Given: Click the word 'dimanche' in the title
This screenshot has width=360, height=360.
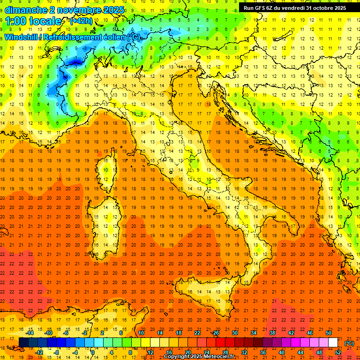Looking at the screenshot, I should [x=25, y=10].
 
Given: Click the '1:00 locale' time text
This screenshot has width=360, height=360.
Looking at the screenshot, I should [x=33, y=21].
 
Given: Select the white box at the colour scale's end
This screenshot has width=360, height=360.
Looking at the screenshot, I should [x=333, y=343].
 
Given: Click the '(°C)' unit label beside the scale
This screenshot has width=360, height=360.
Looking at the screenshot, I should [x=349, y=343].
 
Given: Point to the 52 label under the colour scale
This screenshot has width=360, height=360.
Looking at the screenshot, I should [x=338, y=352].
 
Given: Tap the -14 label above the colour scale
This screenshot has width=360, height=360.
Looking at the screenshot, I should [x=30, y=333].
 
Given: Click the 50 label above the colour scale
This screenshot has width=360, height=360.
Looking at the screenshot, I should [x=329, y=333].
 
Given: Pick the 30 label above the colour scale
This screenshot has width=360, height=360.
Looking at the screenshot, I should [x=235, y=333].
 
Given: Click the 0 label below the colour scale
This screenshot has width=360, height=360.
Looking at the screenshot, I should [x=93, y=352].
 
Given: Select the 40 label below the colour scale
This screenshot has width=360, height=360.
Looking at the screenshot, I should [x=281, y=352].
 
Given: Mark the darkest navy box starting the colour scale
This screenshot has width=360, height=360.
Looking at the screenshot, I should [x=23, y=343].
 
